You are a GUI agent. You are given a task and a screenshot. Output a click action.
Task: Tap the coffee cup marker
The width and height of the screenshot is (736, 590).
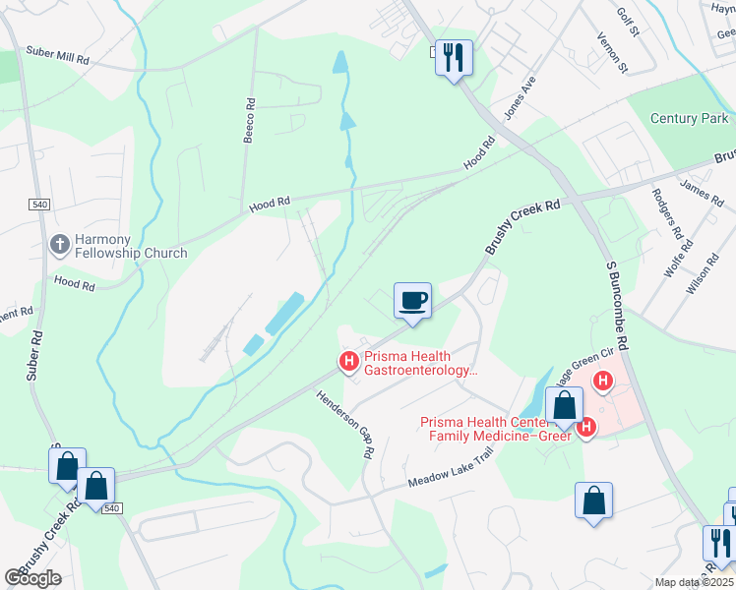point(412,299)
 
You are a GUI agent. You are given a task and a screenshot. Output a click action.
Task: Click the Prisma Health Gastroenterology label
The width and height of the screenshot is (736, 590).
point(421,364)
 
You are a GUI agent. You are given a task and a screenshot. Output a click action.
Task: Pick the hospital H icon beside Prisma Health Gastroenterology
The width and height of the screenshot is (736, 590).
point(348,362)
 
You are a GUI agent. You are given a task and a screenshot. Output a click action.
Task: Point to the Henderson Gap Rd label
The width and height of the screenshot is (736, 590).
point(345,426)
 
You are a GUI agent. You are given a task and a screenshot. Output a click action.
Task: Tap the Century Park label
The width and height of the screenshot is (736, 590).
point(689,118)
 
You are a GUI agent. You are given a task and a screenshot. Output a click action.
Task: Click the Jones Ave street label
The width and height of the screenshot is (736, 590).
point(519,98)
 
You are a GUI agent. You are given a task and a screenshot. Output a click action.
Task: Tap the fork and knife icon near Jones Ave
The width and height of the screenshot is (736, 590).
point(453,56)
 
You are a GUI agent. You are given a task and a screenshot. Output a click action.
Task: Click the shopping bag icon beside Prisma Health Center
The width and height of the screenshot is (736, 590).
point(564,404)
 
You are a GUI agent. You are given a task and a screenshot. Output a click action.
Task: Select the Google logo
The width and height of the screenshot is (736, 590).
point(32,578)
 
